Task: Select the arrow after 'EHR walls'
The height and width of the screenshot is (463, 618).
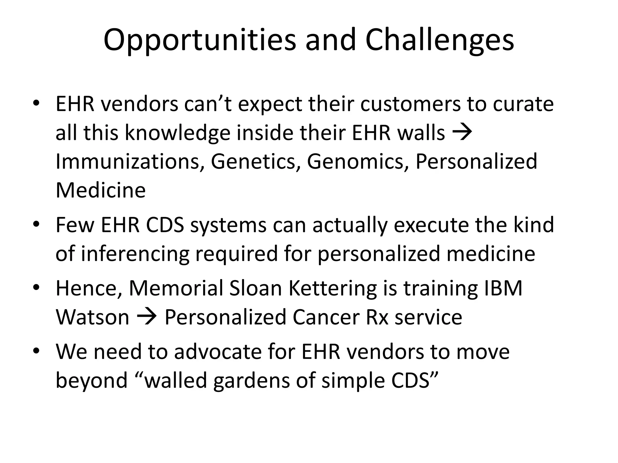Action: pyautogui.click(x=463, y=133)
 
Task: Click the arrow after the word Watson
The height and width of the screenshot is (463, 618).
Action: pyautogui.click(x=147, y=317)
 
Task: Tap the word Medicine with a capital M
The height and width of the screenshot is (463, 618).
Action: pyautogui.click(x=100, y=190)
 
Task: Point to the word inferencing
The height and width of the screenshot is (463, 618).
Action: pyautogui.click(x=135, y=254)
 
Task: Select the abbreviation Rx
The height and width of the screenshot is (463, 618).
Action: pyautogui.click(x=377, y=317)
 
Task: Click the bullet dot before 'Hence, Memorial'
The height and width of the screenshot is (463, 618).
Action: pyautogui.click(x=36, y=288)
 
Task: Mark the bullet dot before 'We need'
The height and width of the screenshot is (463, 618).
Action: pyautogui.click(x=36, y=351)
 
